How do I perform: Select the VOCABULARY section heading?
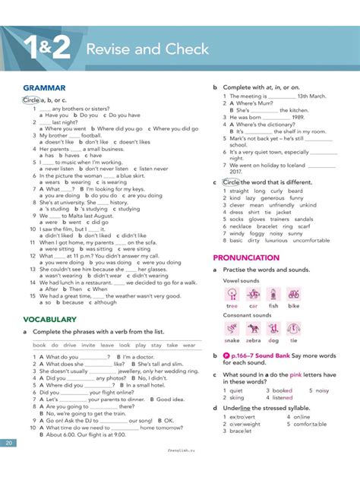pyautogui.click(x=49, y=320)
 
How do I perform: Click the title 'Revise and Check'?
pyautogui.click(x=147, y=49)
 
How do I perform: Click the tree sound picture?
pyautogui.click(x=232, y=294)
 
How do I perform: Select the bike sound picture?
pyautogui.click(x=293, y=294)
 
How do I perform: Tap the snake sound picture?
pyautogui.click(x=232, y=328)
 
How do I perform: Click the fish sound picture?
pyautogui.click(x=273, y=294)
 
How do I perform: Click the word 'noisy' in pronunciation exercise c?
pyautogui.click(x=322, y=390)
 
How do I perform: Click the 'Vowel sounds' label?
pyautogui.click(x=242, y=280)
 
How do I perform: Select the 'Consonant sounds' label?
pyautogui.click(x=248, y=314)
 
